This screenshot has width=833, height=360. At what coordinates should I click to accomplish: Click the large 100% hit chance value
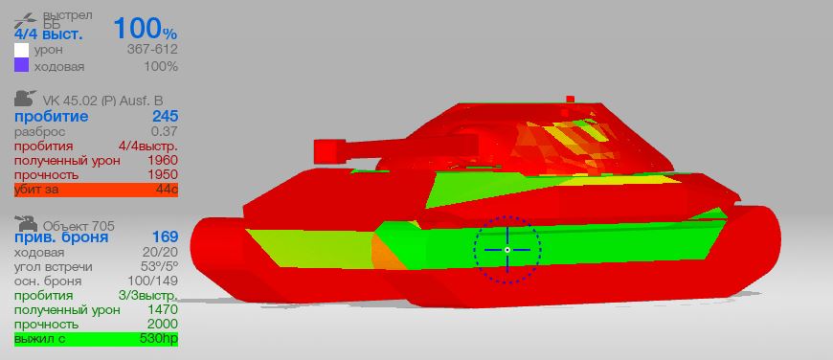pyautogui.click(x=145, y=29)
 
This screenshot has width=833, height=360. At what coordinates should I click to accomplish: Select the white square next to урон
pyautogui.click(x=21, y=50)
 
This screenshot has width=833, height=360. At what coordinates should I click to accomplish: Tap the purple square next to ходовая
pyautogui.click(x=21, y=65)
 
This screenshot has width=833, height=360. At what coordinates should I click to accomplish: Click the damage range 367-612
pyautogui.click(x=152, y=50)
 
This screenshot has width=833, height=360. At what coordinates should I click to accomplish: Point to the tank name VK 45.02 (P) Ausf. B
pyautogui.click(x=103, y=101)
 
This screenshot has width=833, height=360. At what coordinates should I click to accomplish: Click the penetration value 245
pyautogui.click(x=166, y=117)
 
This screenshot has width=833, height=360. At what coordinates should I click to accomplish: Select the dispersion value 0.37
pyautogui.click(x=165, y=131)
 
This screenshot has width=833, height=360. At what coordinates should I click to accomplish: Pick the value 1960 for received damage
pyautogui.click(x=164, y=160)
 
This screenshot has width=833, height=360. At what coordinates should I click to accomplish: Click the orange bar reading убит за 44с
pyautogui.click(x=96, y=190)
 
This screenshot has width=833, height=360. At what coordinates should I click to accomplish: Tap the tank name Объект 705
pyautogui.click(x=79, y=226)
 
